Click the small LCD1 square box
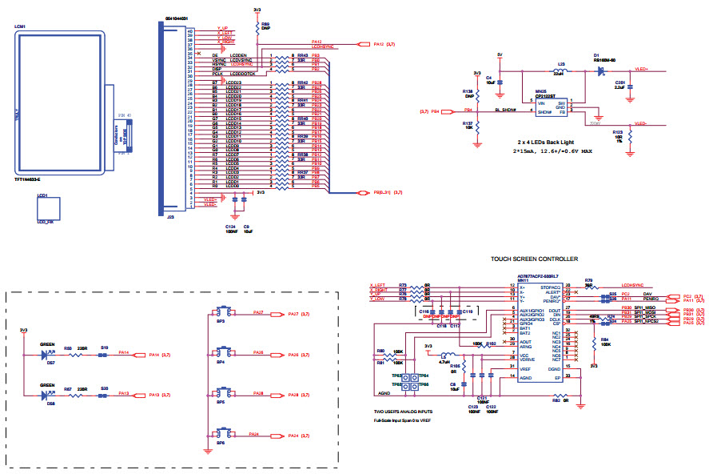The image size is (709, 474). pos(46,210)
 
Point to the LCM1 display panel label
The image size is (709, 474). pos(22,26)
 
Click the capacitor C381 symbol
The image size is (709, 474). pos(631,83)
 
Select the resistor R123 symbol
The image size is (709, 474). pos(631,139)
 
